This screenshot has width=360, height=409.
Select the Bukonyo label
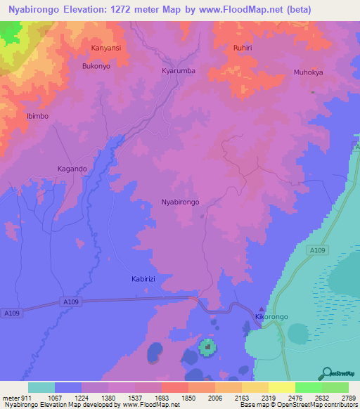96,66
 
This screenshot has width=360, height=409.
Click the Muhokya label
308,72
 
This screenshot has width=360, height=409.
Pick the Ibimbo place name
37,116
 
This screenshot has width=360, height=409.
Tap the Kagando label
72,169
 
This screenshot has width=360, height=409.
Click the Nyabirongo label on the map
181,202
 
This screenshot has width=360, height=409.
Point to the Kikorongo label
271,318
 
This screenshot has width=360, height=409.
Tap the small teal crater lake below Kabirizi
207,346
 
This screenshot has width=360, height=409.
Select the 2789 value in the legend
349,397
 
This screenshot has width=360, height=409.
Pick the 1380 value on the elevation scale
94,397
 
